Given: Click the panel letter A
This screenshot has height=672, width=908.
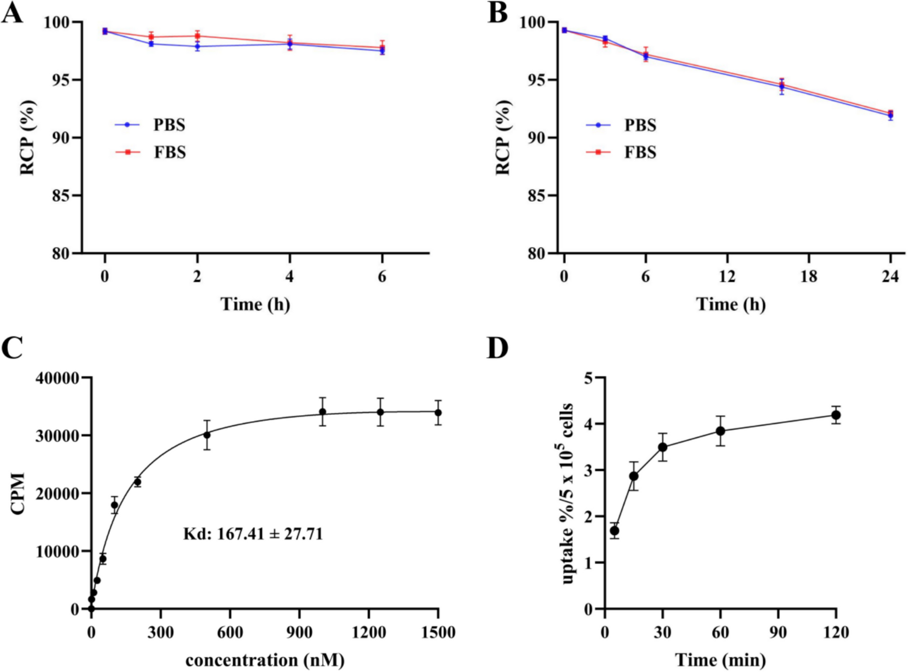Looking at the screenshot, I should click(x=12, y=13).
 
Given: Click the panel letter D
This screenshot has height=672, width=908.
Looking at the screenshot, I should click(x=497, y=348).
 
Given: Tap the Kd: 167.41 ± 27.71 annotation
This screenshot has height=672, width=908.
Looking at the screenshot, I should click(x=253, y=534).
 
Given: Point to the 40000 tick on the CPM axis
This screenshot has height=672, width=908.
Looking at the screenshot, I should click(x=57, y=378).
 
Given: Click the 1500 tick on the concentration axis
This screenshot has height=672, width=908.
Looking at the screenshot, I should click(x=438, y=632).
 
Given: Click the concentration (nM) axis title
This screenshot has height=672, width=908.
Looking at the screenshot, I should click(x=265, y=660).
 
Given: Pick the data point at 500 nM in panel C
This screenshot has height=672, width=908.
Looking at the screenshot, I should click(x=207, y=435).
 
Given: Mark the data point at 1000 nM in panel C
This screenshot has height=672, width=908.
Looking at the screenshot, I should click(x=323, y=411).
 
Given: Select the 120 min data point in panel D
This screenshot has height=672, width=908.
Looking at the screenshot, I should click(x=836, y=415).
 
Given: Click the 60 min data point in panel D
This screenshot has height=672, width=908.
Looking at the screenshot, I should click(x=720, y=431).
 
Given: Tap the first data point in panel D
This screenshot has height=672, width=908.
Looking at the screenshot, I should click(x=614, y=531).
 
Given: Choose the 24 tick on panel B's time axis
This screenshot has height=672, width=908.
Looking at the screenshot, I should click(x=890, y=277).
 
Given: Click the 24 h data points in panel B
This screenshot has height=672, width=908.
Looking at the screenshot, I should click(x=890, y=114).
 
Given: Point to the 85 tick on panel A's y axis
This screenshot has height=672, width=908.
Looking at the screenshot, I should click(x=61, y=196).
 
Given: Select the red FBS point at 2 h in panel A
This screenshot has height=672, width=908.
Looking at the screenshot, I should click(x=198, y=36).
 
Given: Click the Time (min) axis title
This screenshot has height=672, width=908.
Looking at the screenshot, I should click(x=720, y=660).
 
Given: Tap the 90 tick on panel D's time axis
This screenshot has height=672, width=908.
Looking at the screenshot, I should click(x=778, y=632).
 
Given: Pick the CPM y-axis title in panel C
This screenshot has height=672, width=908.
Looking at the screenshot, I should click(x=18, y=493).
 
